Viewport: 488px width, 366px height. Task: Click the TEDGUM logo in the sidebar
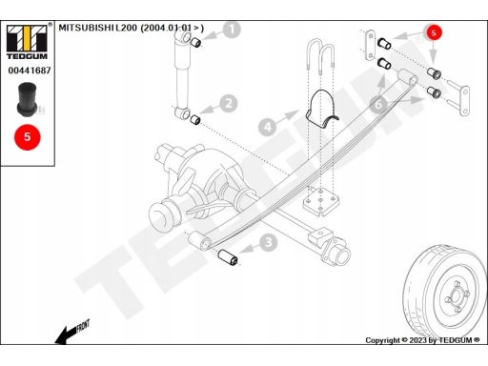point(28,41)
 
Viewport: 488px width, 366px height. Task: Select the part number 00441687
point(30,71)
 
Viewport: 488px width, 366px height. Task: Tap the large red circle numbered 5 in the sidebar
point(28,137)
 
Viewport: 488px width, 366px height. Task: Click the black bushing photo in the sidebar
point(28,99)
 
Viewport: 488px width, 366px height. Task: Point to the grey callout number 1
point(232,30)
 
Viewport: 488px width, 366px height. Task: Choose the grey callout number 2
point(229,103)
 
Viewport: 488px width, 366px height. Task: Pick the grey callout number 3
point(269,242)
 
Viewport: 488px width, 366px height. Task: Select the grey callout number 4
point(268,127)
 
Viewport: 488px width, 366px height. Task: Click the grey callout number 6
point(378,104)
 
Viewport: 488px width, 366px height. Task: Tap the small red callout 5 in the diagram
point(434,32)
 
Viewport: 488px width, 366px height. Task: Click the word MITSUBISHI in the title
point(87,28)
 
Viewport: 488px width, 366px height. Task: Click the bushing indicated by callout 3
point(228,257)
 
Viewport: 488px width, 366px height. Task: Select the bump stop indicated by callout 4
point(321,109)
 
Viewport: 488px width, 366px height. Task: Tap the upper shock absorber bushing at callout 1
point(196,42)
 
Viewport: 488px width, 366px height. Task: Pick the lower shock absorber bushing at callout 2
point(195,120)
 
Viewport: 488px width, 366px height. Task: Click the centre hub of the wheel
point(457,295)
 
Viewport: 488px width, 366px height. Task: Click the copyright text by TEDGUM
point(422,340)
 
